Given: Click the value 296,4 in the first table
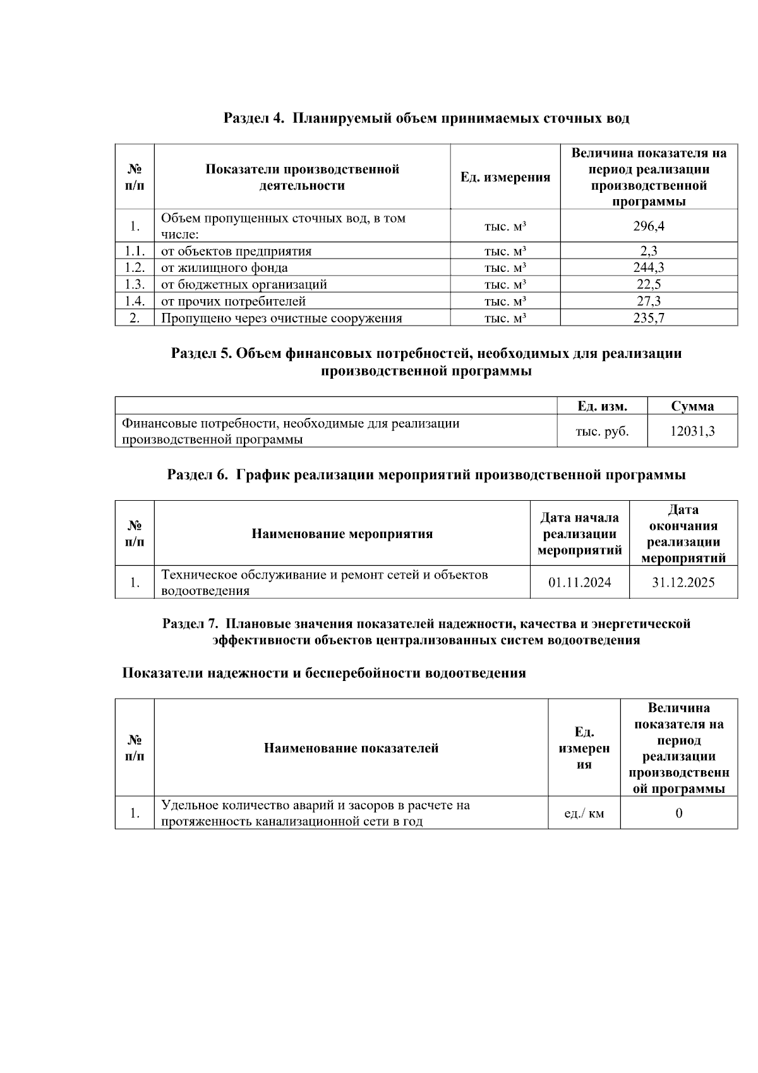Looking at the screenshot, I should point(649,226).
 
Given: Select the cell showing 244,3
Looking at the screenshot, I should point(649,267).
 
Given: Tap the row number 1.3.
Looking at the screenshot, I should point(135,285).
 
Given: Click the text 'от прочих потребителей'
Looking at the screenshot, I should point(233,302).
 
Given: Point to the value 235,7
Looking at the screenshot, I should point(649,318).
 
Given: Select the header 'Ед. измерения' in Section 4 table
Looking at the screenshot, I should point(505,178).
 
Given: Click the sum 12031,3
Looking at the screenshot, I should point(692,431).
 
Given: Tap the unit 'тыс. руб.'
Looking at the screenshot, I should point(602,431).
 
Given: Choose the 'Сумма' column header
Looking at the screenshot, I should point(692,407).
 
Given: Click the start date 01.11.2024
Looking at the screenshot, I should point(579,582).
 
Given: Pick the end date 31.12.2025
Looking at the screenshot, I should point(683,582).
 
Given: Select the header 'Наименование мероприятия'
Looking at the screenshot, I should point(342,534).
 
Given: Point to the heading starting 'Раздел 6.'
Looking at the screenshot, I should point(426,475).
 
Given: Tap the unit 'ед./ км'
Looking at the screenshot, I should point(584,813).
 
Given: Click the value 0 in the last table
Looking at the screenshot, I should point(678,813).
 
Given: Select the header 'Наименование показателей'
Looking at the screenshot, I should point(351,749).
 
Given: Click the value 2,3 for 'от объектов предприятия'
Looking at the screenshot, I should point(649,251).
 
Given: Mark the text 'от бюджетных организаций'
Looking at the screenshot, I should point(244,285).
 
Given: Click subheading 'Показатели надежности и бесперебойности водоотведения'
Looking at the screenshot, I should point(323,673).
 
